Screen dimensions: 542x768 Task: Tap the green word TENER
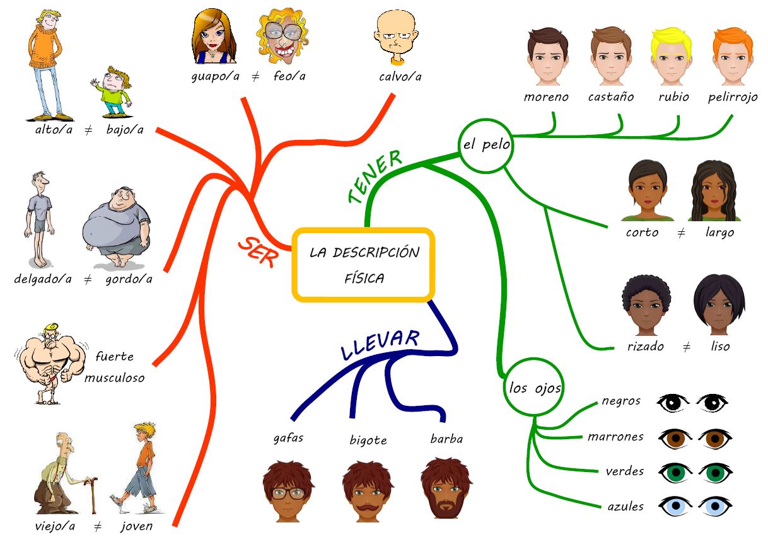pyautogui.click(x=375, y=176)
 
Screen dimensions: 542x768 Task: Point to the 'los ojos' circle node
pyautogui.click(x=535, y=388)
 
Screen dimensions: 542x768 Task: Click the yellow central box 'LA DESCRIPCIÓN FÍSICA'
pyautogui.click(x=364, y=264)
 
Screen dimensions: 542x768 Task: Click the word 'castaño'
pyautogui.click(x=610, y=97)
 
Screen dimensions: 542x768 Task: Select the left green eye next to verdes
pyautogui.click(x=675, y=471)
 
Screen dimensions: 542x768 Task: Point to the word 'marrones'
pyautogui.click(x=615, y=436)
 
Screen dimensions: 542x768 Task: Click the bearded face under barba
pyautogui.click(x=446, y=489)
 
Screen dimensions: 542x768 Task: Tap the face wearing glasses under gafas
pyautogui.click(x=288, y=491)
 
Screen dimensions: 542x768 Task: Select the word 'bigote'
pyautogui.click(x=368, y=440)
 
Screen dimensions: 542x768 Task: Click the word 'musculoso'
pyautogui.click(x=115, y=378)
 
